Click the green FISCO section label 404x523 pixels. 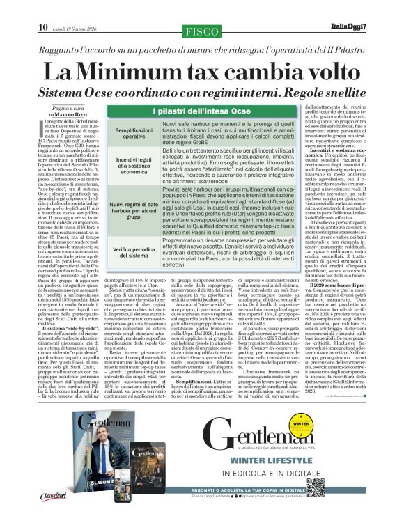pyautogui.click(x=201, y=31)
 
